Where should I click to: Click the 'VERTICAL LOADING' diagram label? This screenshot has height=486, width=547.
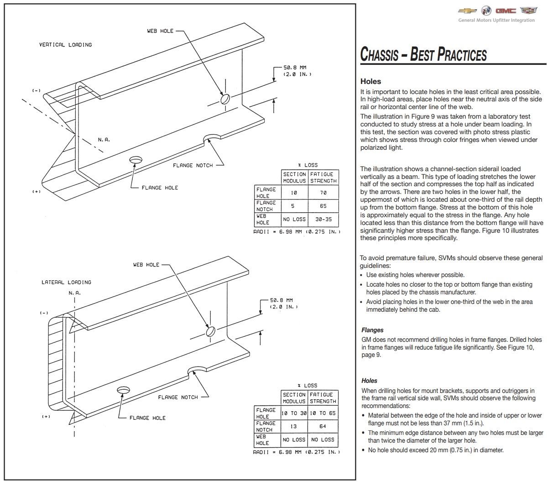tap(65, 45)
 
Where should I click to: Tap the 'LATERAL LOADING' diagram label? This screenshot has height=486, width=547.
tap(67, 282)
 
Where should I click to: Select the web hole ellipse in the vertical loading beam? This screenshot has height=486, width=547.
tap(225, 99)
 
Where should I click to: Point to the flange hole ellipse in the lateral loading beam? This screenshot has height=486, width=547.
tap(123, 391)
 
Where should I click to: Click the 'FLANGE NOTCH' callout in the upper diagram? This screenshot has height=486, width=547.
tap(193, 165)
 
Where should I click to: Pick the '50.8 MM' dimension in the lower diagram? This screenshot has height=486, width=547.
tap(281, 300)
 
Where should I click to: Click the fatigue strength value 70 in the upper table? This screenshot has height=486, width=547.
tap(323, 193)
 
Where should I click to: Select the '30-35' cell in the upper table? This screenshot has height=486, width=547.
tap(323, 219)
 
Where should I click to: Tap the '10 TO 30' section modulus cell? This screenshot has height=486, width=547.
tap(293, 413)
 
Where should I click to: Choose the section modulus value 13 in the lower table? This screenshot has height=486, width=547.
tap(293, 426)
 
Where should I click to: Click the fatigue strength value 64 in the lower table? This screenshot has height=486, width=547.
tap(323, 426)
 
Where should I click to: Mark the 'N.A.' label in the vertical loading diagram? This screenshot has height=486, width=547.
tap(104, 140)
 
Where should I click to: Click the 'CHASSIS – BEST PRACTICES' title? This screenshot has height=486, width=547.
tap(423, 54)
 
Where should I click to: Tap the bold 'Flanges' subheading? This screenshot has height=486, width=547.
tap(372, 330)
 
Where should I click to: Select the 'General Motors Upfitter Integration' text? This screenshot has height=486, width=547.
tap(496, 20)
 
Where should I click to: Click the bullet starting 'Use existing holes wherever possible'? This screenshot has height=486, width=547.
tap(415, 275)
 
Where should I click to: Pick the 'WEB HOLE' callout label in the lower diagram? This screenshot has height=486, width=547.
tap(146, 265)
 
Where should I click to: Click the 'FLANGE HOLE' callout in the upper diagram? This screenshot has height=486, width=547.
tap(160, 188)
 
